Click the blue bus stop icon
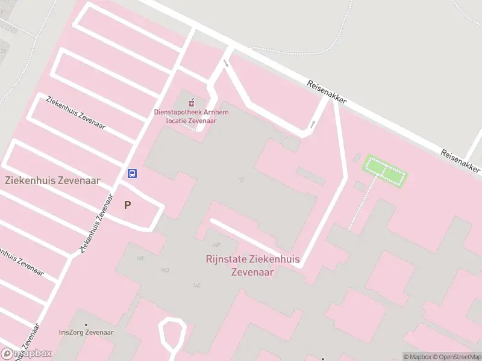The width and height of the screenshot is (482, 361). pos(132,174)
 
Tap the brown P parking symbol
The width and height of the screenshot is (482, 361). pos(127,205)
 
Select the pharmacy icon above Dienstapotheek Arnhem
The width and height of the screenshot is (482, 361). pos(192,100)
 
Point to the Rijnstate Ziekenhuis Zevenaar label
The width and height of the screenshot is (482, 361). pos(252,266)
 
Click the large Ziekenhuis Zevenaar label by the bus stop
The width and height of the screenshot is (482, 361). pos(52,180)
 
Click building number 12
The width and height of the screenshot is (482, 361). pos(241,180)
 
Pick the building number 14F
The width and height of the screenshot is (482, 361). pos(216,244)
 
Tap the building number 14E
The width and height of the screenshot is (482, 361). pos(140,258)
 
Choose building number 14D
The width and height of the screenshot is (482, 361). pos(164,270)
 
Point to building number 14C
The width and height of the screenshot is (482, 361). pos(196,285)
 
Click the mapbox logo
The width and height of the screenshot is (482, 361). pos(27,353)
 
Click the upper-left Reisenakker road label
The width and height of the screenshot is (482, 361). pos(327,91)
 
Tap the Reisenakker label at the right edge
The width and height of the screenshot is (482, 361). pos(461,161)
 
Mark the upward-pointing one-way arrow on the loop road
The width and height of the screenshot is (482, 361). pos(312,125)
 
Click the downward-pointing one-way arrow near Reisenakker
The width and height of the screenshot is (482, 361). pos(226,63)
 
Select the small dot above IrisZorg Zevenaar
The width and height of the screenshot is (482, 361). pos(86,325)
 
